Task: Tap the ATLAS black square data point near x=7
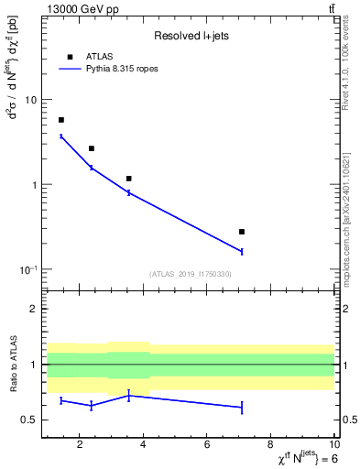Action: pyautogui.click(x=242, y=232)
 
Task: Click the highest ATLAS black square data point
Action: pyautogui.click(x=61, y=120)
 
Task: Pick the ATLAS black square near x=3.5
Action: pyautogui.click(x=129, y=179)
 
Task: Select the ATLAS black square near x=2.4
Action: pyautogui.click(x=92, y=148)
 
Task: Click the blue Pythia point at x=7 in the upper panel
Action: pyautogui.click(x=242, y=251)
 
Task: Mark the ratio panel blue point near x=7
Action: pyautogui.click(x=242, y=407)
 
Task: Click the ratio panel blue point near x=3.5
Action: pyautogui.click(x=129, y=395)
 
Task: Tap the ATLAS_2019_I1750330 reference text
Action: pyautogui.click(x=190, y=274)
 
